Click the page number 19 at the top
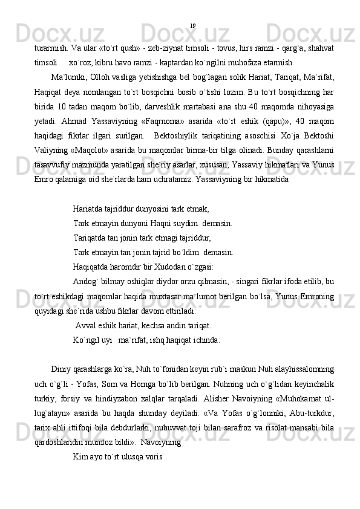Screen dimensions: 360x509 click(192, 25)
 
